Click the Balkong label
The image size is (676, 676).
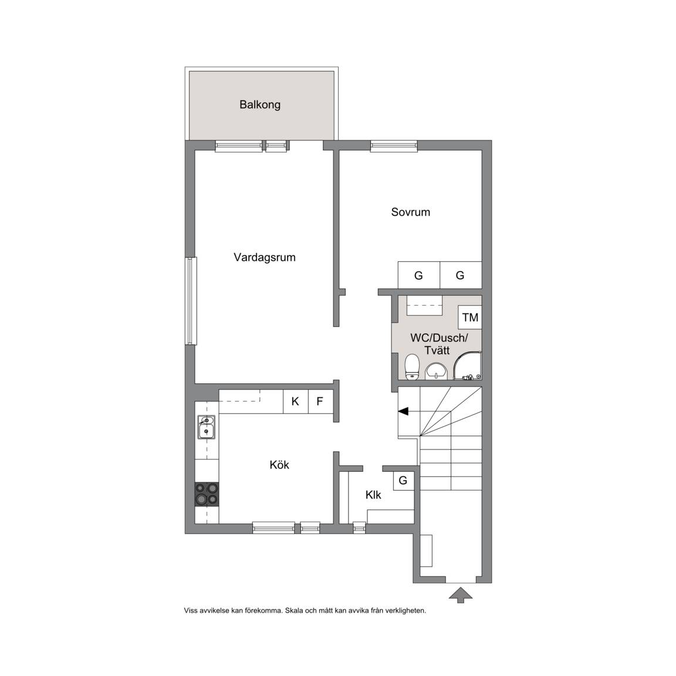[260, 105]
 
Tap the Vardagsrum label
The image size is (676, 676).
[264, 258]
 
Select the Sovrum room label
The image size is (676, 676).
[410, 212]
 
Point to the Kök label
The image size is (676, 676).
[279, 465]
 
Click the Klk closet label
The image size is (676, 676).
[373, 495]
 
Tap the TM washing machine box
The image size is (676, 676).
[470, 317]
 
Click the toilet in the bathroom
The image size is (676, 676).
[413, 367]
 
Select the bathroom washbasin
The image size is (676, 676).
[437, 371]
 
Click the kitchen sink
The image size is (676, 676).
[207, 427]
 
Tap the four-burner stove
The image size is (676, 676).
[207, 494]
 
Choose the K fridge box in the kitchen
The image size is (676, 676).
[295, 401]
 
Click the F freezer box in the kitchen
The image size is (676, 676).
[320, 401]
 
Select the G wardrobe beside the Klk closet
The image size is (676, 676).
[403, 480]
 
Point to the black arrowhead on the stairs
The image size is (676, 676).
[403, 412]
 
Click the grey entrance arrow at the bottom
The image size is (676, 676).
[461, 594]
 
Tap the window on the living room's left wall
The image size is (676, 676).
[191, 301]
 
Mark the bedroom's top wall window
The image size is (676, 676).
[394, 146]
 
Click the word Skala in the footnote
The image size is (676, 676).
[294, 610]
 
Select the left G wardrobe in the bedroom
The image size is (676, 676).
[418, 275]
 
